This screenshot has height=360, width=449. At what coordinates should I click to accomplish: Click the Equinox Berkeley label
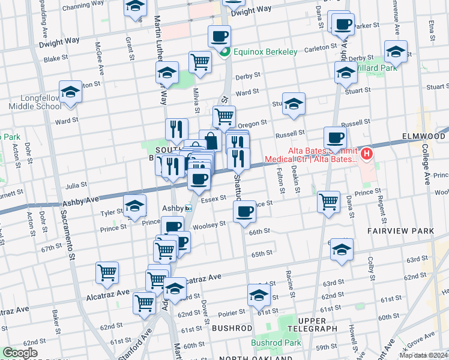pyautogui.click(x=266, y=52)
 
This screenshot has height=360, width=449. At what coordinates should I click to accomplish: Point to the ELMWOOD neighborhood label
pyautogui.click(x=424, y=137)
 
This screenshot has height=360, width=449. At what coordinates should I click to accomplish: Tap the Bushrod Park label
pyautogui.click(x=276, y=343)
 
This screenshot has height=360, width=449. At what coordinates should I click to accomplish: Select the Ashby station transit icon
pyautogui.click(x=188, y=209)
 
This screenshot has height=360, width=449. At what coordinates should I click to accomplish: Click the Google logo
pyautogui.click(x=20, y=353)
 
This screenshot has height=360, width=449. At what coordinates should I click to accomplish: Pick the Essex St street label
pyautogui.click(x=213, y=198)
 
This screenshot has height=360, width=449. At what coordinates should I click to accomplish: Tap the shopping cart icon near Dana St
pyautogui.click(x=328, y=201)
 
